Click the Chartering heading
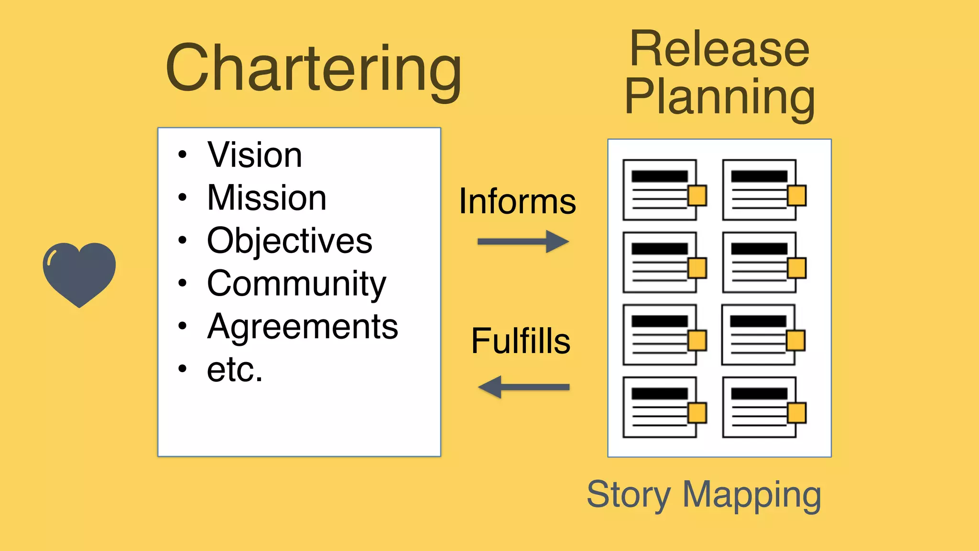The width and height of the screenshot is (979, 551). point(313,69)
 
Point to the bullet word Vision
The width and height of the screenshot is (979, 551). point(254,155)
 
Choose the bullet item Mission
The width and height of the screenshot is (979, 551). point(266,198)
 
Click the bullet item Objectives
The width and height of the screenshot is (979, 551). point(289,241)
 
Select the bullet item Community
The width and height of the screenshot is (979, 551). point(296,284)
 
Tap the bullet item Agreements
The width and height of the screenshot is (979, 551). point(302,327)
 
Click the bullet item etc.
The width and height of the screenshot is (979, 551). point(234,370)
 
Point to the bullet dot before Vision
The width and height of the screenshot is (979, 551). point(182,155)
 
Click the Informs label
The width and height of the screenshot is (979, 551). point(517,201)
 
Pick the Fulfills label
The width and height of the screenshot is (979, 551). point(521,341)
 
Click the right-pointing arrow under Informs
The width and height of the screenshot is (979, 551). point(523,242)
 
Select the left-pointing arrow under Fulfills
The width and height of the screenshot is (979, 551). point(523,387)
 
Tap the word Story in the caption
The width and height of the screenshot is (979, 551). point(628,495)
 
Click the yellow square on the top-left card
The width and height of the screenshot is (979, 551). point(697,196)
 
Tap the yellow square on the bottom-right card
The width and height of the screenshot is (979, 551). point(797,413)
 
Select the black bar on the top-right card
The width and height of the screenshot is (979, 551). point(759,176)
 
